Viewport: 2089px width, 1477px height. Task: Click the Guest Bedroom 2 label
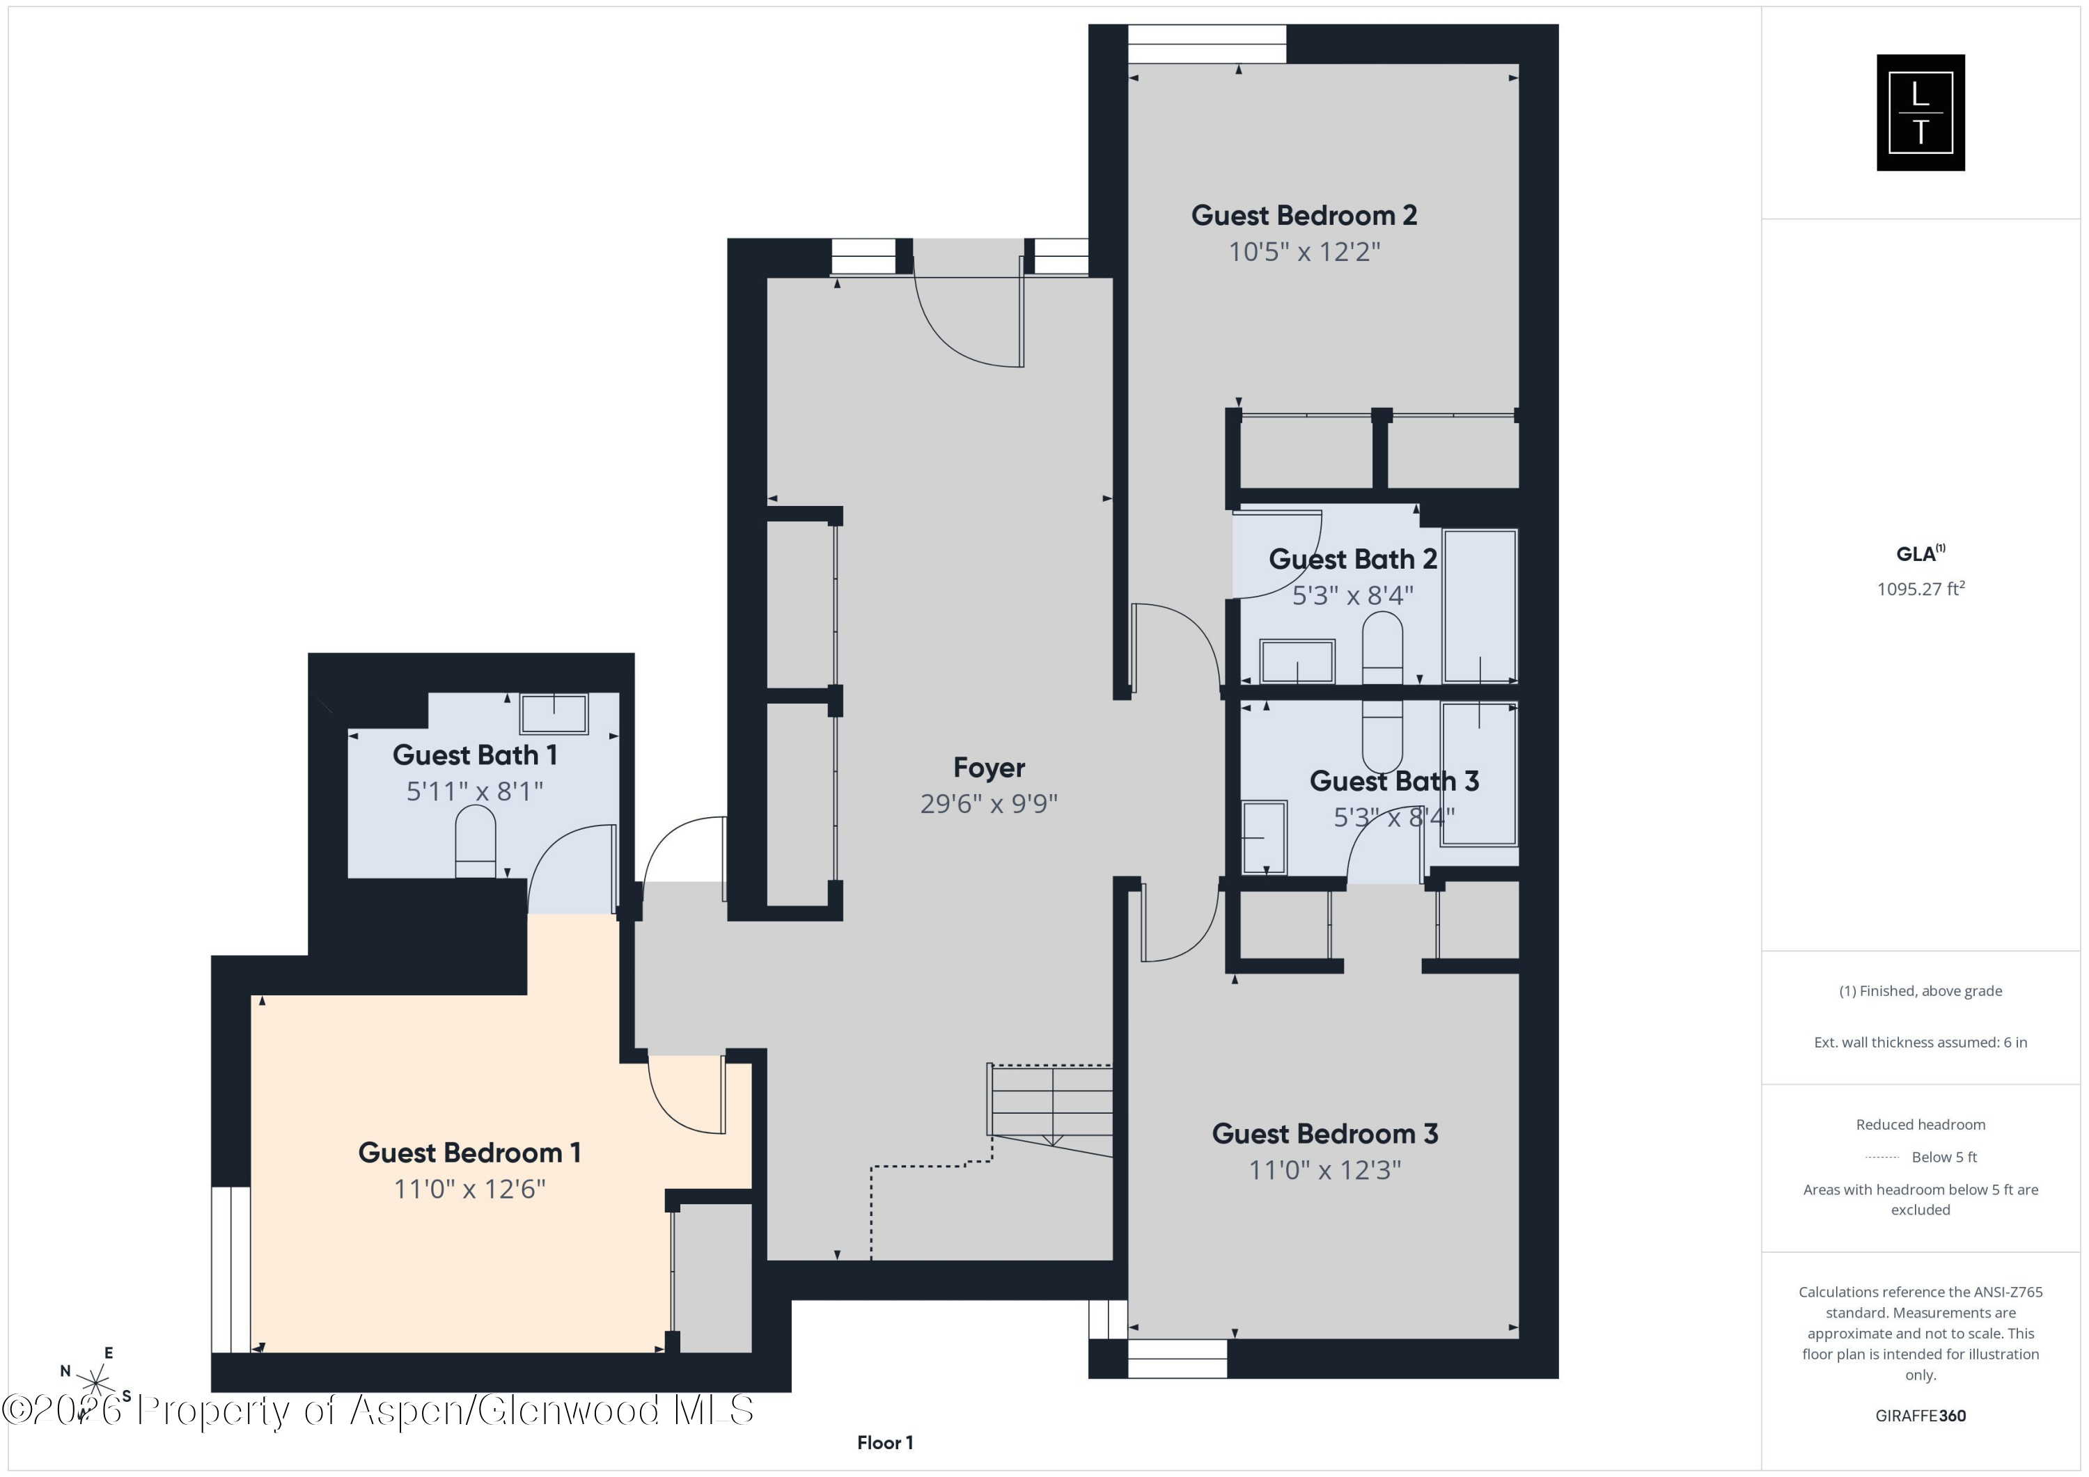click(1304, 216)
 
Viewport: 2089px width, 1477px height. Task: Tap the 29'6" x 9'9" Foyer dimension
click(988, 804)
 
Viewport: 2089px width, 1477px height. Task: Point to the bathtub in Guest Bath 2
click(1480, 605)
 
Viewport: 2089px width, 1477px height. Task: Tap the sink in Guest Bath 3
click(1264, 837)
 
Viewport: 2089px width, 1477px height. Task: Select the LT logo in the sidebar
click(1920, 113)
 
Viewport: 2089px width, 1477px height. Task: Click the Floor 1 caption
click(884, 1442)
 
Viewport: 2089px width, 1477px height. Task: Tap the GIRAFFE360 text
click(1920, 1415)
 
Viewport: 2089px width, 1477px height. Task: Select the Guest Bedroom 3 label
click(1324, 1134)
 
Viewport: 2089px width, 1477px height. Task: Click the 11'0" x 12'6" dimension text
click(469, 1190)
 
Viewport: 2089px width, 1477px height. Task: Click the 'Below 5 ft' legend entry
click(1943, 1157)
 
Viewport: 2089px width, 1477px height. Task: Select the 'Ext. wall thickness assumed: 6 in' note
click(1920, 1042)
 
